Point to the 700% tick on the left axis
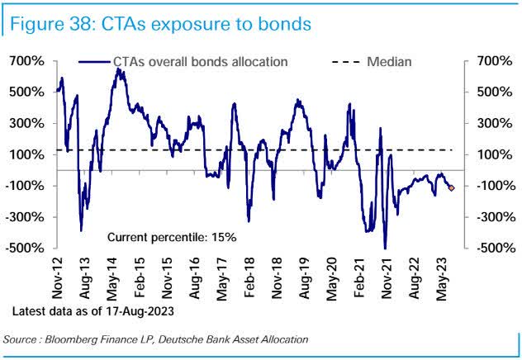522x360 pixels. (26, 61)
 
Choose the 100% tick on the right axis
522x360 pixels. (490, 154)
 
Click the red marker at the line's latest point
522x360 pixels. (451, 188)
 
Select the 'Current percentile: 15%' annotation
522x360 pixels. (172, 237)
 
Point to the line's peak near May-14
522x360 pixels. (119, 70)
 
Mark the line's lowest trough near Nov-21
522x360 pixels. (385, 248)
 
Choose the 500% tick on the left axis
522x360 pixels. (26, 92)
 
